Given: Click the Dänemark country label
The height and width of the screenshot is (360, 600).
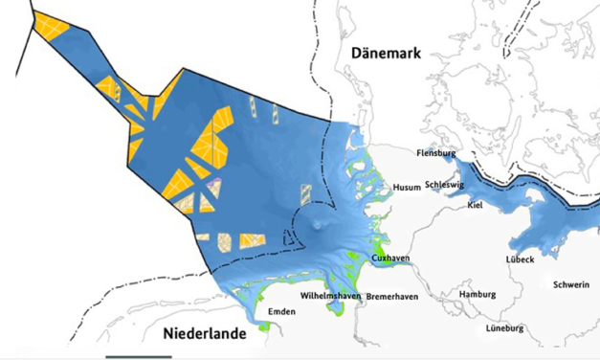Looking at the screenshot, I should pyautogui.click(x=386, y=54).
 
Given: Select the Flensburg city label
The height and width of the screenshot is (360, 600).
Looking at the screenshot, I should pyautogui.click(x=435, y=152).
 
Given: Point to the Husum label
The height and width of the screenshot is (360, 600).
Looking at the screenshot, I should pyautogui.click(x=407, y=188).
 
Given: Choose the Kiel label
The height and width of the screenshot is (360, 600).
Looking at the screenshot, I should pyautogui.click(x=475, y=205).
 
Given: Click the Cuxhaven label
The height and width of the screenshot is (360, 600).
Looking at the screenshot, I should pyautogui.click(x=390, y=259).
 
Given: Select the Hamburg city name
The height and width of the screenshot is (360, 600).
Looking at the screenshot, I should pyautogui.click(x=478, y=294).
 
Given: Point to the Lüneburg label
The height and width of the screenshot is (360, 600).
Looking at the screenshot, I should pyautogui.click(x=506, y=328).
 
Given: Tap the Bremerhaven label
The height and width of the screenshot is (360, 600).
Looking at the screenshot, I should pyautogui.click(x=389, y=297).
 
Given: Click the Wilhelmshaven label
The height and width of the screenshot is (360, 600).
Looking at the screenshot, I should pyautogui.click(x=330, y=297).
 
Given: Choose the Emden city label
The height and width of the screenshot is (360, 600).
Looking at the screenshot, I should pyautogui.click(x=281, y=312).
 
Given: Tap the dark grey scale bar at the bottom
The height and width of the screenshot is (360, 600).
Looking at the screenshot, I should pyautogui.click(x=139, y=357).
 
